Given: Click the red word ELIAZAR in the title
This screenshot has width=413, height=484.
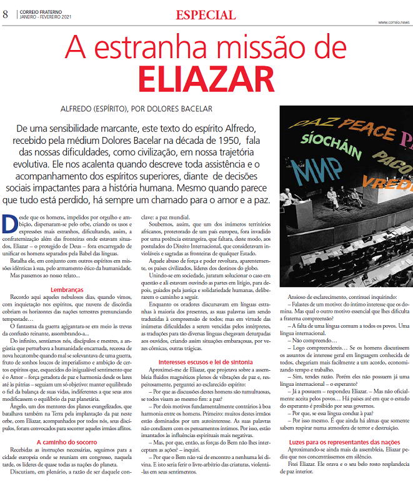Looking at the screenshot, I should click(206, 78).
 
